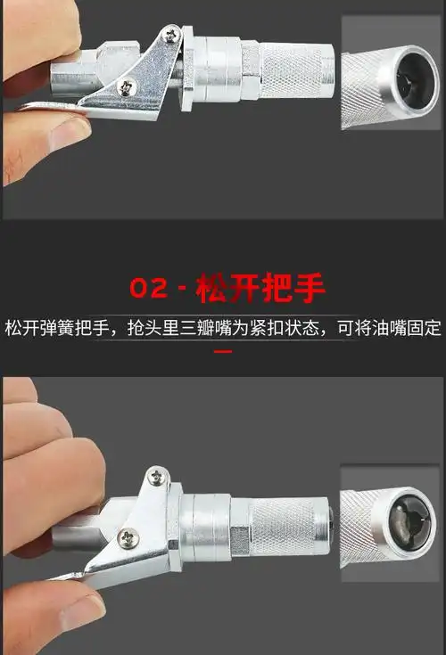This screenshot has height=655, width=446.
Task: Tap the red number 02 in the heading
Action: (147, 290)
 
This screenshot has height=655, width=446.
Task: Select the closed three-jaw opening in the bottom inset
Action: (409, 527)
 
